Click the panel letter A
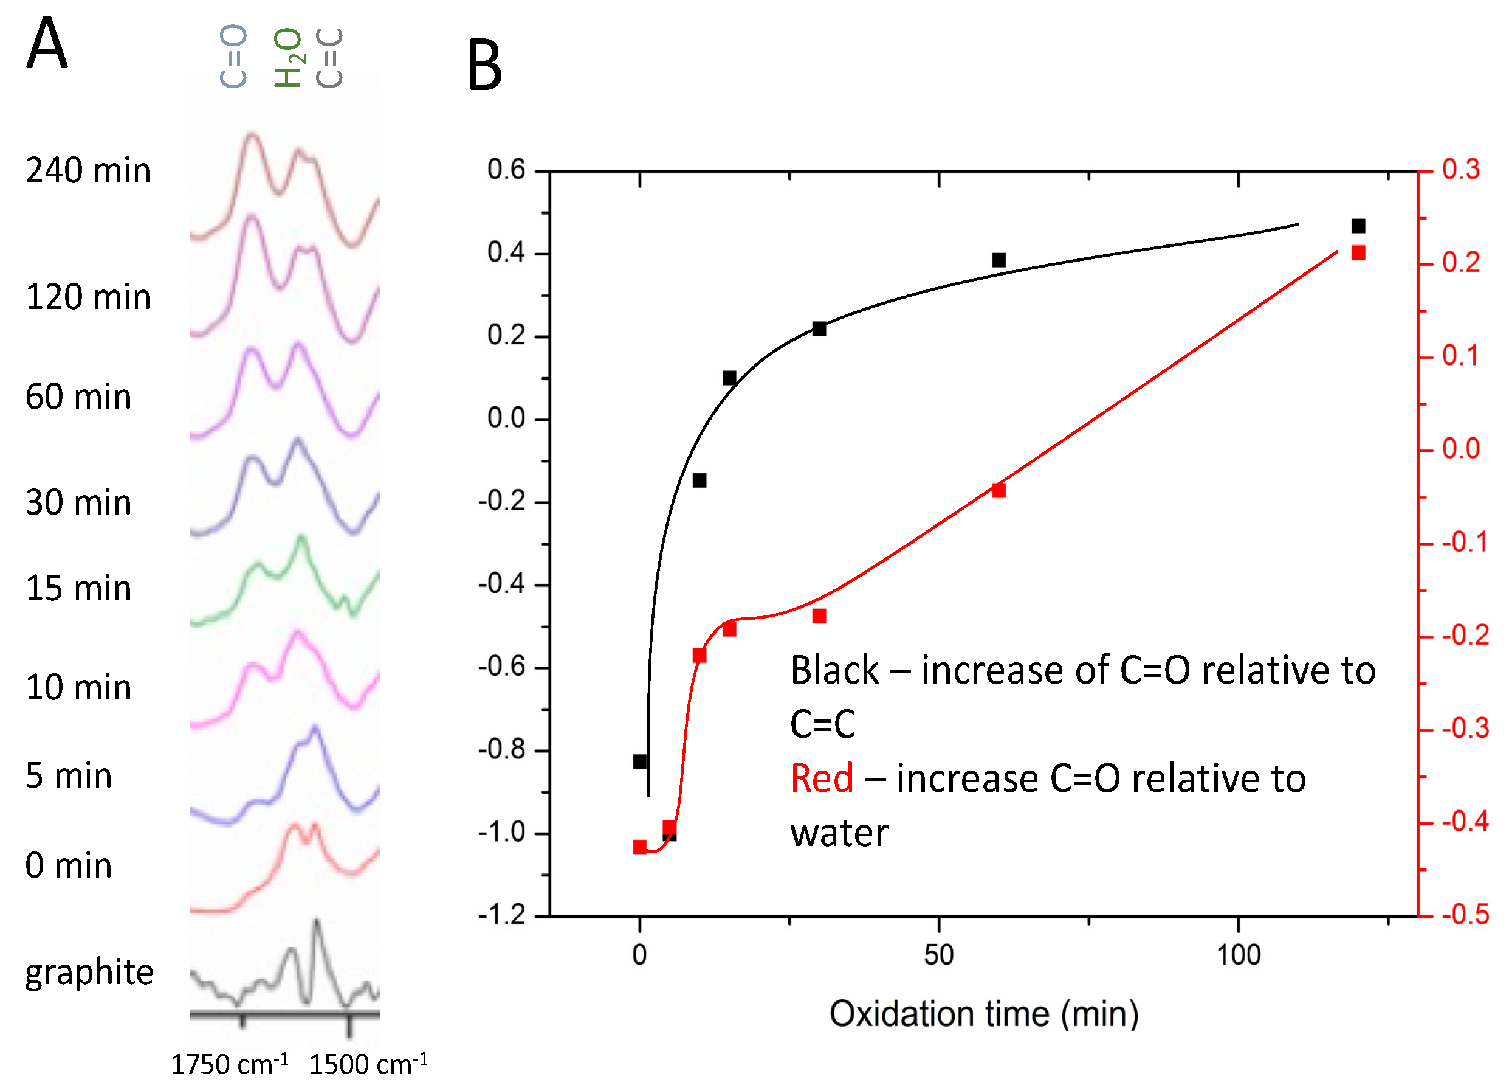[47, 43]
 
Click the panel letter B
[484, 65]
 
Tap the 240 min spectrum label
[89, 170]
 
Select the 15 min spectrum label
[78, 589]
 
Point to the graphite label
[89, 972]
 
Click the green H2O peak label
[288, 57]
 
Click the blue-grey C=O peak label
[233, 57]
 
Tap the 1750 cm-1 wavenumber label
[229, 1064]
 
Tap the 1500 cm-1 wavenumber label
[368, 1064]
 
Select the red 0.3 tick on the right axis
[1461, 170]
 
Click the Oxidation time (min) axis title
[983, 1014]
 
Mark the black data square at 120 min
[1358, 226]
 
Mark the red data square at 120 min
[1358, 253]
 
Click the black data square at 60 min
[998, 260]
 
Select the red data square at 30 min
[819, 616]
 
